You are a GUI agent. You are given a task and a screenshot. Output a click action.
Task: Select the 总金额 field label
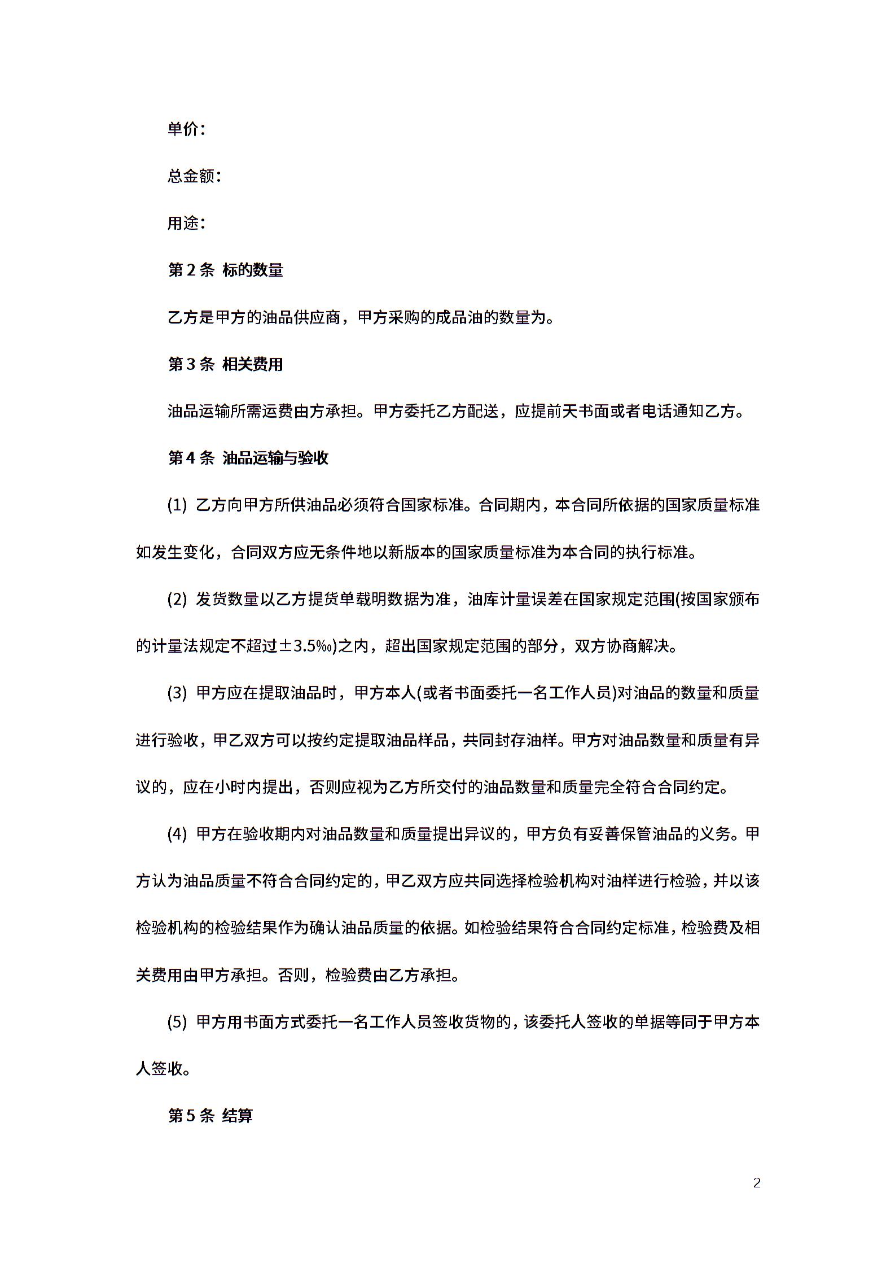click(191, 176)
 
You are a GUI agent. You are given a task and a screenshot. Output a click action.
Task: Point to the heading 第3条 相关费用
click(225, 364)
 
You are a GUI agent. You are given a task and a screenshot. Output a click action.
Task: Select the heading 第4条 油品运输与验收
click(248, 458)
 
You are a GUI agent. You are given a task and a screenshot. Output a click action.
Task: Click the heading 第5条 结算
click(210, 1116)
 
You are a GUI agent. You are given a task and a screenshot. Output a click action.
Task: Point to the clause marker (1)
click(177, 505)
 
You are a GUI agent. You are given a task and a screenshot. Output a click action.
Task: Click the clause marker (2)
click(177, 599)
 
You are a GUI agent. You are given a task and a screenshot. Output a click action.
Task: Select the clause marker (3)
click(177, 693)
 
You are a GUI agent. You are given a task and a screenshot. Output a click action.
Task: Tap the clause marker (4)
click(177, 834)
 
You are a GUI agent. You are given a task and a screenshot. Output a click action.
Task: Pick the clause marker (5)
click(177, 1022)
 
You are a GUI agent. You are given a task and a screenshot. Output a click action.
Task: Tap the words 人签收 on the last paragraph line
click(160, 1069)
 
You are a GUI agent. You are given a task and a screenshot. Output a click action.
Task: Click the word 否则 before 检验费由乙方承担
click(293, 975)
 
